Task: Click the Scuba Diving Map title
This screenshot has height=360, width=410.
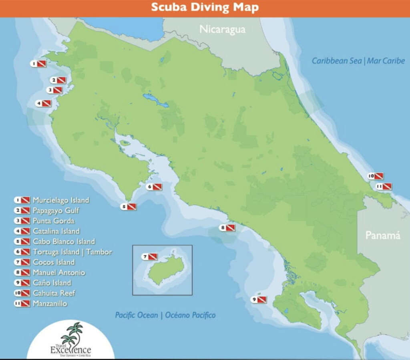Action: coord(205,8)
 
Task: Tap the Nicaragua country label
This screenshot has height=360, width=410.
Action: coord(222,29)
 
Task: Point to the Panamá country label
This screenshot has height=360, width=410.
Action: coord(383,235)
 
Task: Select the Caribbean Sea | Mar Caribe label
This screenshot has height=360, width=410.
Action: coord(358,61)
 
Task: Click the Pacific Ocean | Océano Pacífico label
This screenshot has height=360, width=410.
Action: coord(165,315)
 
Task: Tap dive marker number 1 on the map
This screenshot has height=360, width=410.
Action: coord(38,63)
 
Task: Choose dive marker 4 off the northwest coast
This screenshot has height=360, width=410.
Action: coord(44,103)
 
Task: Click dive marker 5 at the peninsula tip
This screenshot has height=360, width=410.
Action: coord(129,207)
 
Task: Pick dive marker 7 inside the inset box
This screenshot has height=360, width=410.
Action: coord(150,257)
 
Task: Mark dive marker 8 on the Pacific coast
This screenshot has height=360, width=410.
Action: coord(227,228)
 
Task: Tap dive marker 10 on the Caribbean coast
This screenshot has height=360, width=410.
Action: coord(376,176)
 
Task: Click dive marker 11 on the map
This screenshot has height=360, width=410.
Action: coord(384,186)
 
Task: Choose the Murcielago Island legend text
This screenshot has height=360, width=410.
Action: coord(61,200)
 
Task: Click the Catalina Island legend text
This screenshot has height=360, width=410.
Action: coord(56,231)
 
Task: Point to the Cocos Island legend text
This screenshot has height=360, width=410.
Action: coord(54,262)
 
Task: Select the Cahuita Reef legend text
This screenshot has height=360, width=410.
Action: coord(54,293)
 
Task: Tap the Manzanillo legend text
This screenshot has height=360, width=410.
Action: coord(50,304)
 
